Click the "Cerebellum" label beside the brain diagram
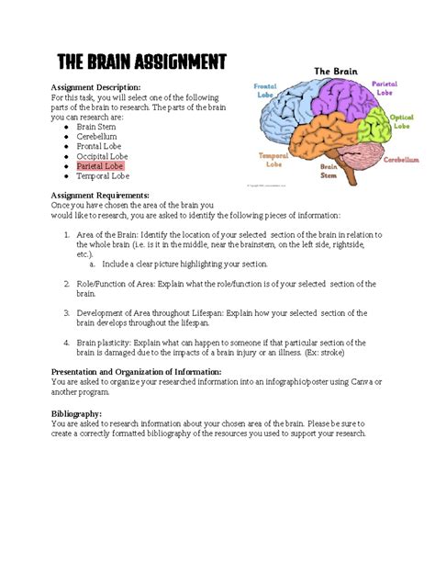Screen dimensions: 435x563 [401, 158]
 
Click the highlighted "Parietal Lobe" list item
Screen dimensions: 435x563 [102, 166]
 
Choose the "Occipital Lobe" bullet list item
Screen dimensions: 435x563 [104, 156]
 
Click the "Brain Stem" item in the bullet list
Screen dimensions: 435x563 [96, 127]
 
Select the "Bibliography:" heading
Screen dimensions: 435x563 [76, 413]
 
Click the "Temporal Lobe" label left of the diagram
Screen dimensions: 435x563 [273, 158]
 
